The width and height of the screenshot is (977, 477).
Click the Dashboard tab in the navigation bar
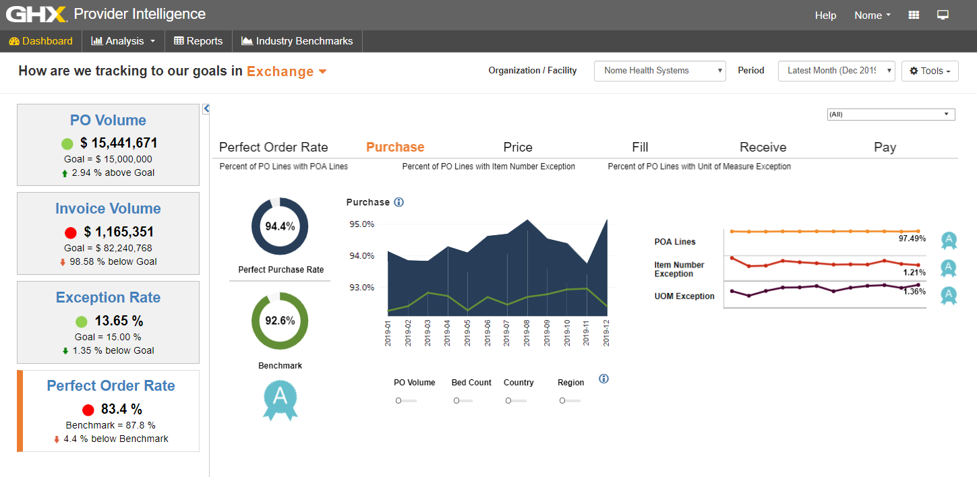(x=41, y=41)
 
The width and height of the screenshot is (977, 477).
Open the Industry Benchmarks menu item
(x=297, y=41)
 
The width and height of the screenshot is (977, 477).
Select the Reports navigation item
(x=198, y=41)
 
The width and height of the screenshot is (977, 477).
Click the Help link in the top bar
(x=825, y=15)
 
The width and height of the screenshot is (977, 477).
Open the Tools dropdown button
(x=930, y=71)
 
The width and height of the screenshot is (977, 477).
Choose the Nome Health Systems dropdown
(x=659, y=71)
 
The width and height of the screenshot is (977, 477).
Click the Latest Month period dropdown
(x=836, y=71)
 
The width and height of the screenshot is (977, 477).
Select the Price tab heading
(x=518, y=147)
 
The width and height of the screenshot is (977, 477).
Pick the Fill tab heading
(x=640, y=147)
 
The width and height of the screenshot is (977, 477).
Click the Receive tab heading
(x=763, y=147)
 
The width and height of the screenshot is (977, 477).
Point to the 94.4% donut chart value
(x=280, y=226)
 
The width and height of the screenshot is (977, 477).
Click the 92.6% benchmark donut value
(x=280, y=321)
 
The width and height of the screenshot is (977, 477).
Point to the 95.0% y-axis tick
(x=361, y=224)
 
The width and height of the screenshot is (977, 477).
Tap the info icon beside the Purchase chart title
(x=398, y=202)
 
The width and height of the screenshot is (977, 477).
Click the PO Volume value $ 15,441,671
(x=119, y=143)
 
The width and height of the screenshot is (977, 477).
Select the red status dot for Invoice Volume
(x=70, y=233)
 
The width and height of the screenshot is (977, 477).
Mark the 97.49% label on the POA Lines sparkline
(x=912, y=238)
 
